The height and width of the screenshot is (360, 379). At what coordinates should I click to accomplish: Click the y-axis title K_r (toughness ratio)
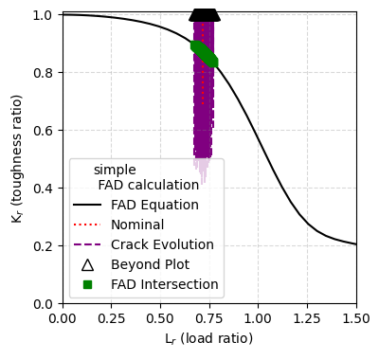coord(16,157)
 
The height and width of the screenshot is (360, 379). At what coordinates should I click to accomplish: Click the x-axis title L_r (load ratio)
coord(209,338)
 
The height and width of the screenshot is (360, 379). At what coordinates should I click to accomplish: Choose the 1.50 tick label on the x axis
coord(356,318)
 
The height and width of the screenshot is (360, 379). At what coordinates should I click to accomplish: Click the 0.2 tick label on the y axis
coord(44,246)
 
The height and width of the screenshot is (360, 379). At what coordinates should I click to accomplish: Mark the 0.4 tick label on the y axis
coord(44,189)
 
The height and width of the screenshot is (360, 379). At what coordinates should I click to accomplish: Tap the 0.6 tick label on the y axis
coord(44,131)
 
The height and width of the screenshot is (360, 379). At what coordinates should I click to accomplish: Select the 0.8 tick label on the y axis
coord(44,73)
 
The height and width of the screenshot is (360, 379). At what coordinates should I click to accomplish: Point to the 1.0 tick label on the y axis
coord(44,15)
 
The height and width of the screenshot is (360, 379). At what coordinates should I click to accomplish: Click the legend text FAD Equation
coord(154,205)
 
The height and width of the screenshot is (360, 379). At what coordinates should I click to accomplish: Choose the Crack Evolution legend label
coord(162,244)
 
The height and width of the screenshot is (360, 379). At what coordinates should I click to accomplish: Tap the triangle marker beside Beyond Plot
coord(87,264)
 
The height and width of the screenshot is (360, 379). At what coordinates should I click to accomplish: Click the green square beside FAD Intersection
coord(87,284)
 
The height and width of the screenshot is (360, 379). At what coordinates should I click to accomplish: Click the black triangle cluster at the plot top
coord(205,13)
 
